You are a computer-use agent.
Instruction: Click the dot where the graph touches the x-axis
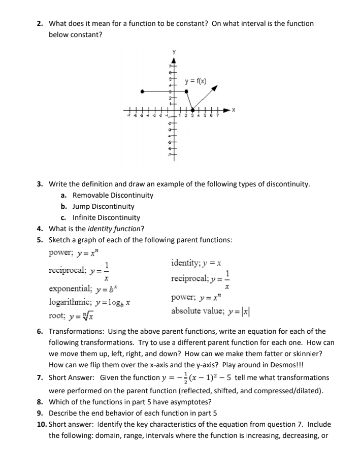pos(192,110)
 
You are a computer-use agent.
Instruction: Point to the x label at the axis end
pos(234,110)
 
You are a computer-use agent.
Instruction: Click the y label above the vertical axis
pos(173,51)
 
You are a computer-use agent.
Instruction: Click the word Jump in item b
pos(81,206)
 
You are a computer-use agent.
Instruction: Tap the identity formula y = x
pos(211,263)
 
